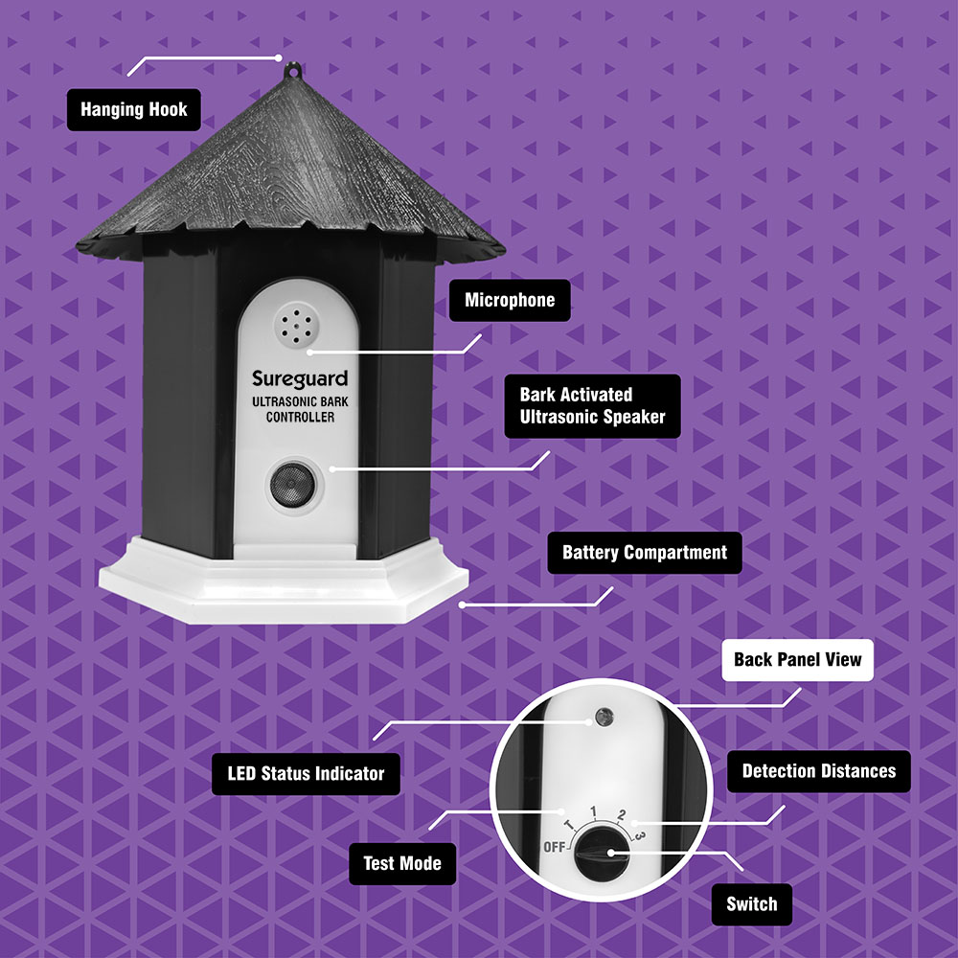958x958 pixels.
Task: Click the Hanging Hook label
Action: tap(134, 110)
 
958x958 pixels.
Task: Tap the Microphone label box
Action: tap(510, 300)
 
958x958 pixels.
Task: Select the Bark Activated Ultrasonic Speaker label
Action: tap(592, 405)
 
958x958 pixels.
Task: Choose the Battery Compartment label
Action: tap(645, 553)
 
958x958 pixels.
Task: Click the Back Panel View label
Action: tap(797, 660)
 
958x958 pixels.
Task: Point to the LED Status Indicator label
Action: tap(306, 773)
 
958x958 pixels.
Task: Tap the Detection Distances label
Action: tap(819, 771)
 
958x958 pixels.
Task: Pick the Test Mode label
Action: tap(402, 863)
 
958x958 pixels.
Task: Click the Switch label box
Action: tap(751, 904)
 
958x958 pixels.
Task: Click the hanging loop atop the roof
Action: tap(293, 70)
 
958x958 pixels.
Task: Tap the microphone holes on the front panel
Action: tap(296, 327)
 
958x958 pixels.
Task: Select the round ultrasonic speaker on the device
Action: tap(292, 485)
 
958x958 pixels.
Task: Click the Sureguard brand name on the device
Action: tap(300, 379)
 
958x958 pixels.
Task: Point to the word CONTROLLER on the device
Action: tap(300, 418)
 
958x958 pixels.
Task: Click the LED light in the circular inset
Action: tap(604, 717)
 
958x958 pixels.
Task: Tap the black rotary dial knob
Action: tap(603, 854)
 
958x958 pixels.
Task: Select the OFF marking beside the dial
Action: tap(554, 847)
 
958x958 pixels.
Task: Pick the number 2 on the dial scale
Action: tap(622, 814)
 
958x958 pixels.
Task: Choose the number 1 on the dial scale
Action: tap(593, 811)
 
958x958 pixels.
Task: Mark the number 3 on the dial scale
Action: tap(638, 834)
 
